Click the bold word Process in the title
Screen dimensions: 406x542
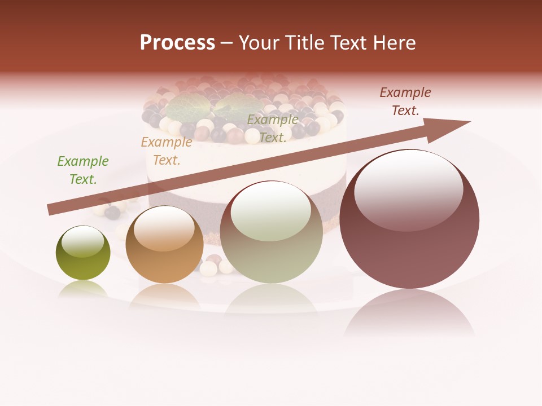177,42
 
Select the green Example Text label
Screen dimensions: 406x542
83,170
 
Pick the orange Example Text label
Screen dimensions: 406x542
166,151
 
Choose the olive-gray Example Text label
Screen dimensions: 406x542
273,129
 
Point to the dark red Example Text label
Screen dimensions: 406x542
405,101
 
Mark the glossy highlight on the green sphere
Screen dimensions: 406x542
82,241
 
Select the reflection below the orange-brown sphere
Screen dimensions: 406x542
164,296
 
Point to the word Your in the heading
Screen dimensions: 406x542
260,42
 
